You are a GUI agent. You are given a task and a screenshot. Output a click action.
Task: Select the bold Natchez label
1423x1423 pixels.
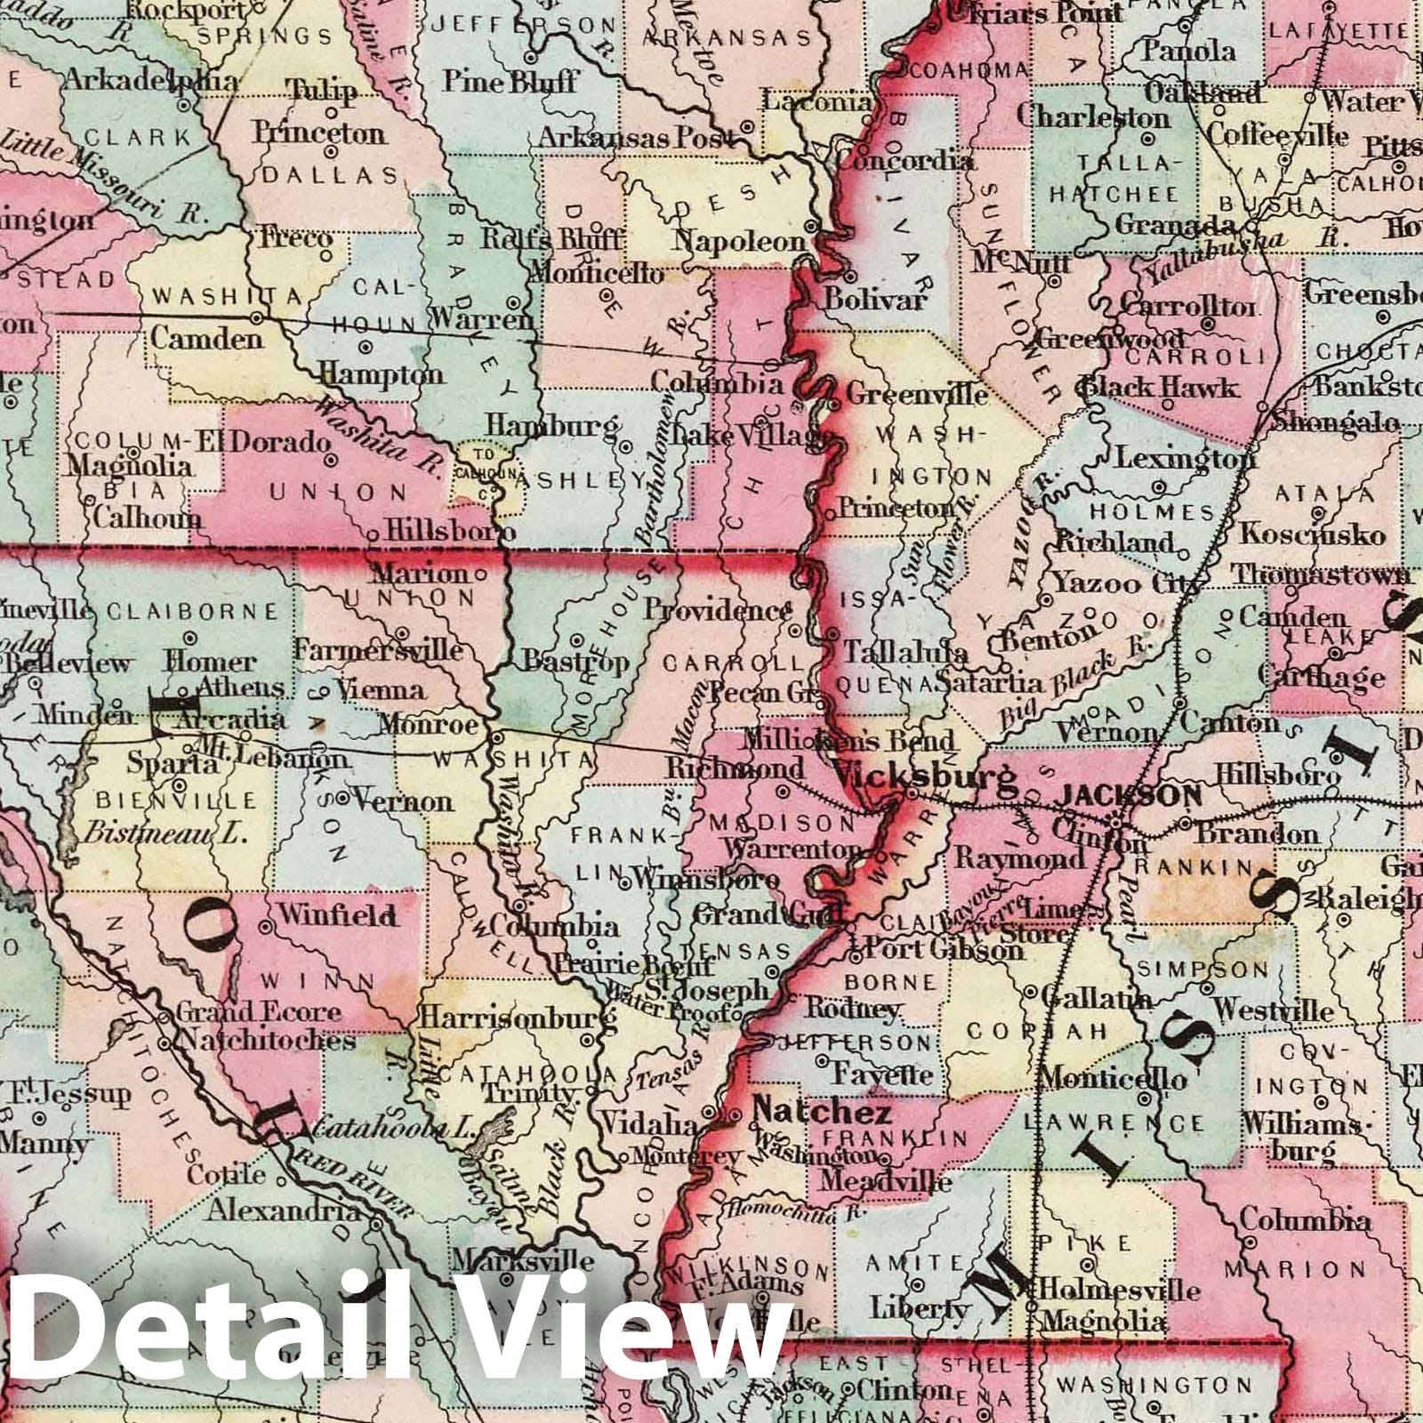pyautogui.click(x=823, y=1113)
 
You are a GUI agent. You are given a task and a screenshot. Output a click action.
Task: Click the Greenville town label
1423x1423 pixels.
pyautogui.click(x=916, y=392)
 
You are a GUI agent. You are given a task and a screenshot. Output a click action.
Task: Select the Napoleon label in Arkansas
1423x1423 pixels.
pyautogui.click(x=739, y=240)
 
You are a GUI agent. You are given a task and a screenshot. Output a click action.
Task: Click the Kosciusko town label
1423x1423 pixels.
pyautogui.click(x=1313, y=534)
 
